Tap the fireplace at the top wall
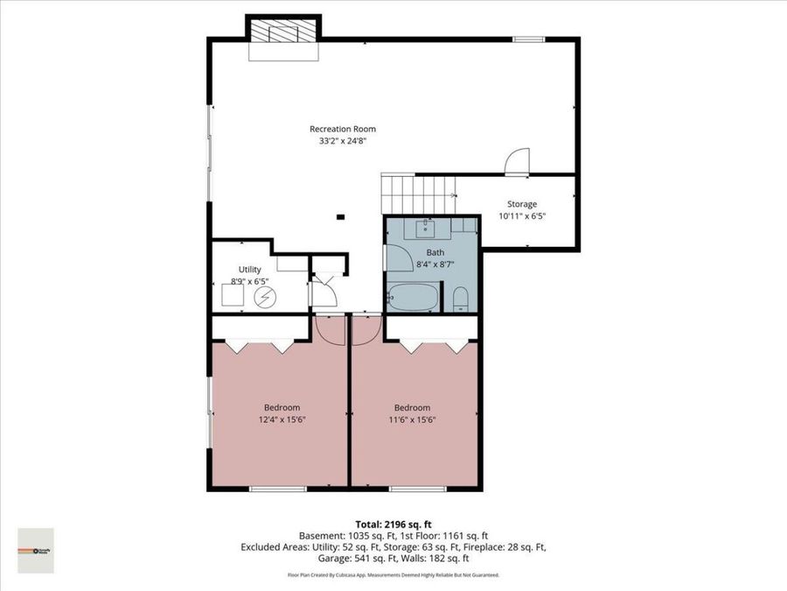(282, 36)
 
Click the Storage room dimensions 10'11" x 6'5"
(522, 215)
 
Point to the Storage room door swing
(517, 161)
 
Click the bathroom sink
(427, 229)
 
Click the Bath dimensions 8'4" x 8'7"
(435, 263)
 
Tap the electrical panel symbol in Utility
(263, 299)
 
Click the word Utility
(250, 270)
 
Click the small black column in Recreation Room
(341, 217)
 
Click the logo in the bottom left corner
(36, 551)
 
